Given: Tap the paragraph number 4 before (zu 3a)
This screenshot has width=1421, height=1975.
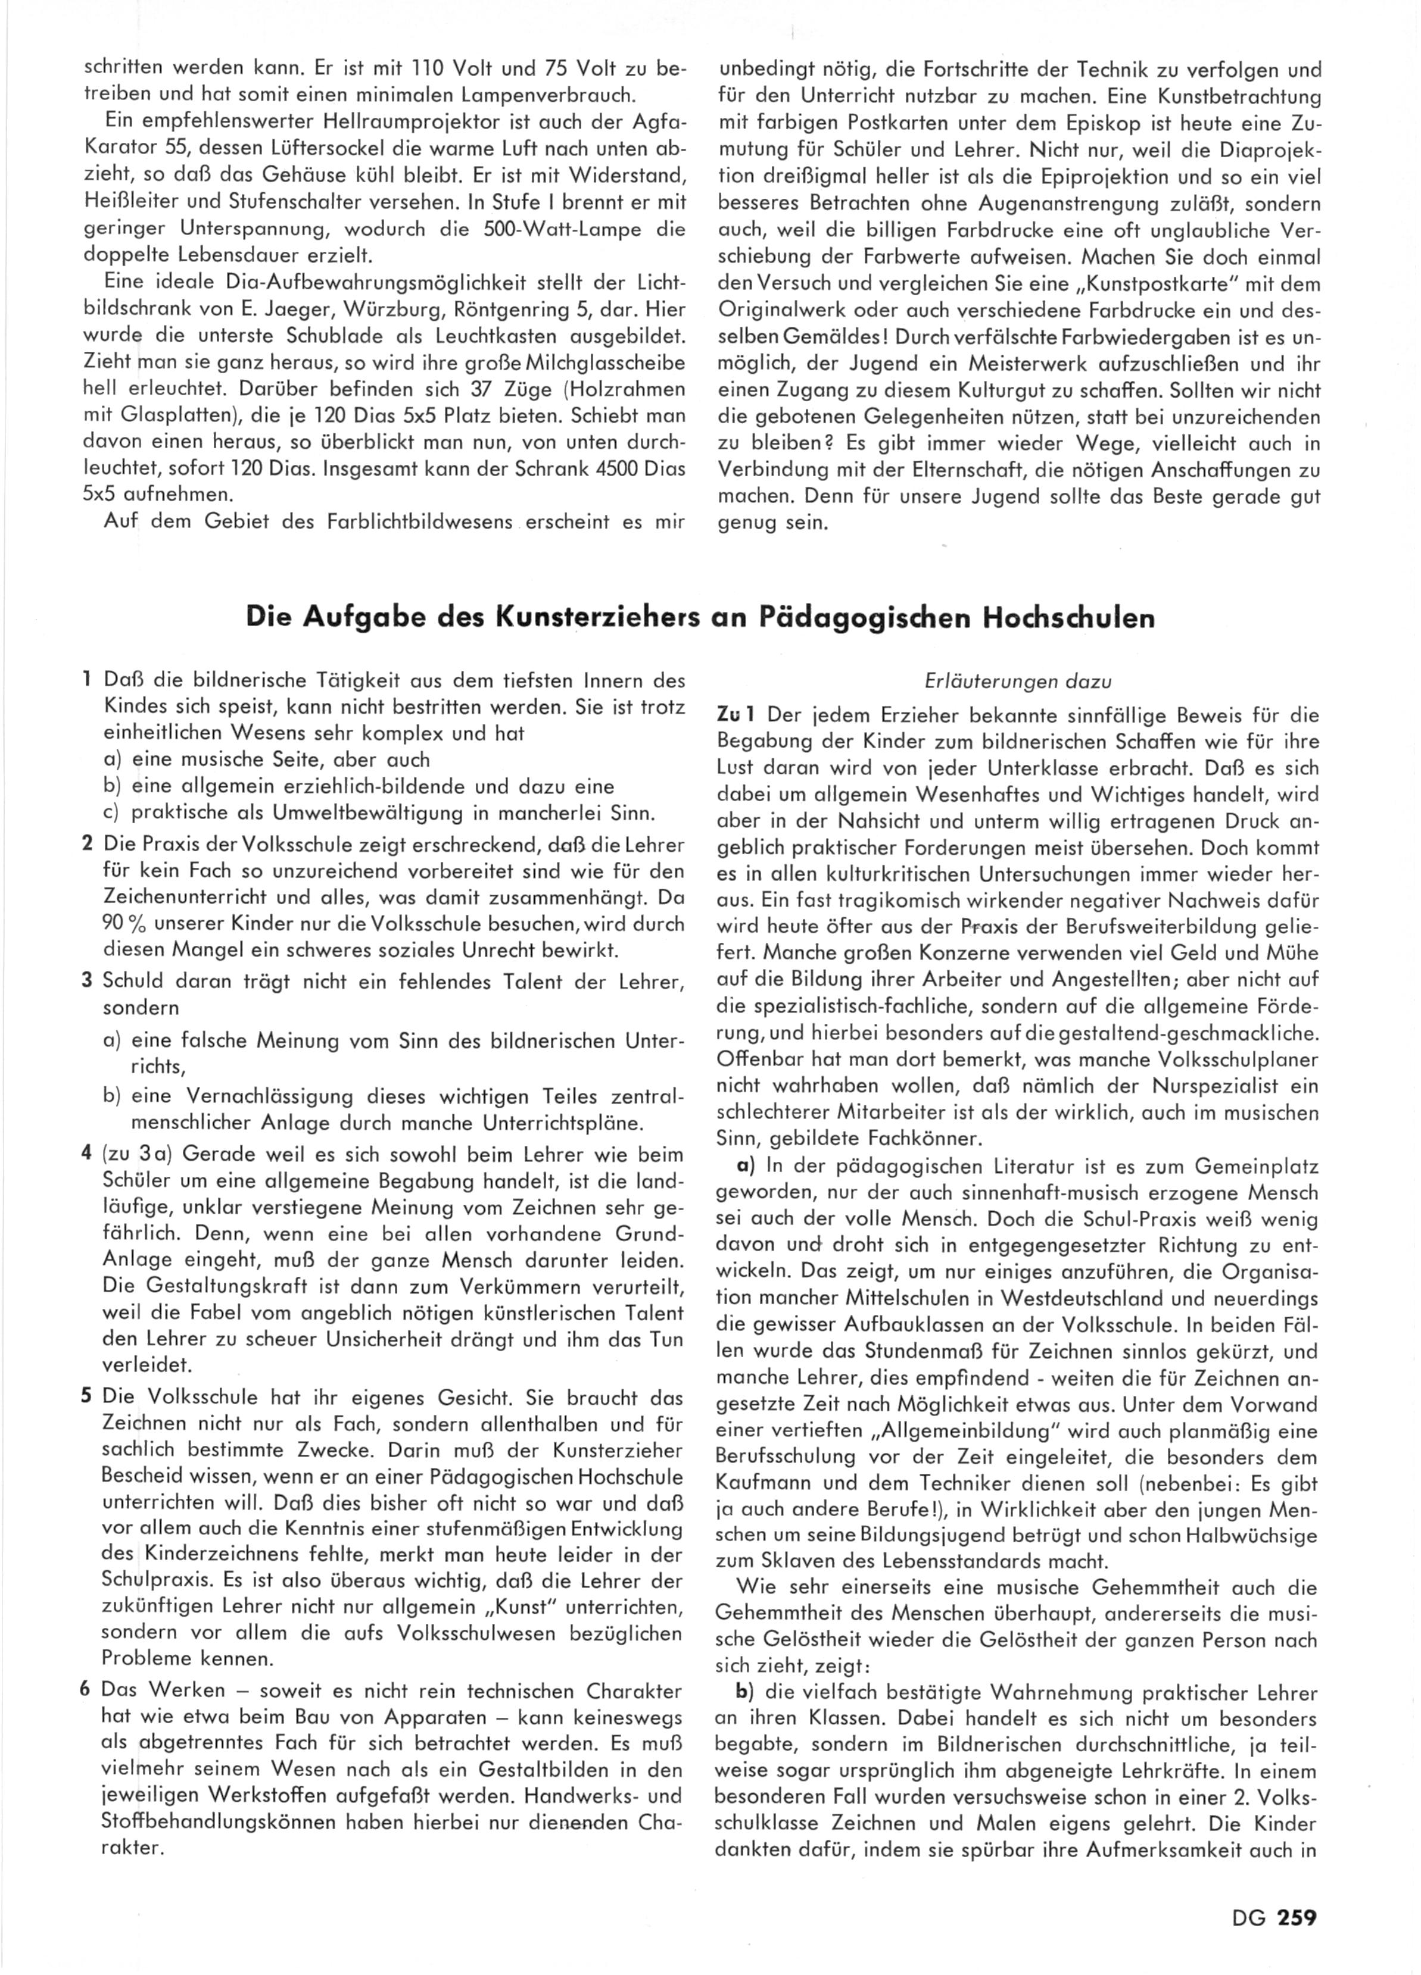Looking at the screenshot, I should pyautogui.click(x=86, y=1155).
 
